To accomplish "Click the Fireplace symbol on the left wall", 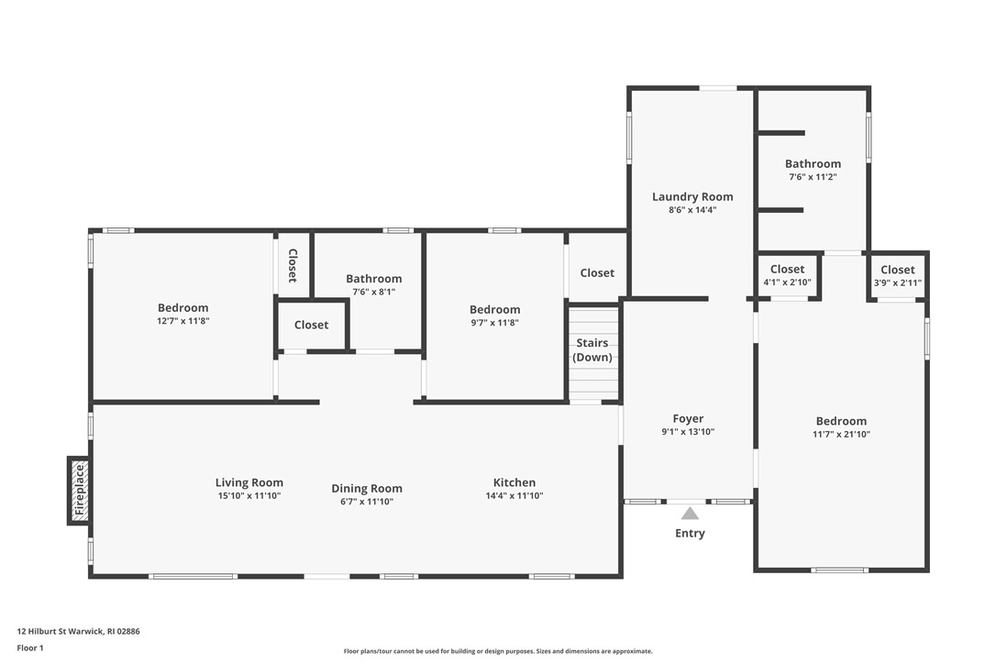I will point(80,491).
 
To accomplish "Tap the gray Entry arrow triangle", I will point(690,514).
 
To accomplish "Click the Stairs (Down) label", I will point(592,350).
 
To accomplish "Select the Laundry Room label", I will point(692,196).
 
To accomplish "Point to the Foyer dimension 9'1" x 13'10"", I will point(688,432).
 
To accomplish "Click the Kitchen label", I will point(515,482).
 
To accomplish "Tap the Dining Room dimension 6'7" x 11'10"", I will point(367,502).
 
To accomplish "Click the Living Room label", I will point(249,482).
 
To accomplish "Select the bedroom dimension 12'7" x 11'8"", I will point(183,321).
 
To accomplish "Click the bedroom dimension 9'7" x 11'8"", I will point(495,323).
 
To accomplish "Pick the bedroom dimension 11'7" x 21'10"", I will point(841,435).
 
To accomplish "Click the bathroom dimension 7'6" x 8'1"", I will point(373,292).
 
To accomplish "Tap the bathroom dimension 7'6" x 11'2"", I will point(813,177).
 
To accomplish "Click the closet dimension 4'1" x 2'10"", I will point(787,282).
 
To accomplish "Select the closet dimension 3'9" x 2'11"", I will point(897,282).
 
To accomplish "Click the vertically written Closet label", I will point(293,265).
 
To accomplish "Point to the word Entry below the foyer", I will point(690,534).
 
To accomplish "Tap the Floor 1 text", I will point(30,647).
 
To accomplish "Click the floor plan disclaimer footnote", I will point(498,651).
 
